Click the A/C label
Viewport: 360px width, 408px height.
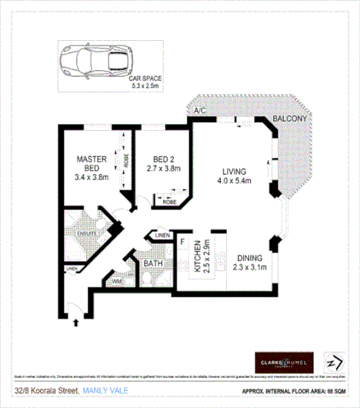(x=202, y=112)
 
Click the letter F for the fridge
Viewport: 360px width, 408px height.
(x=182, y=242)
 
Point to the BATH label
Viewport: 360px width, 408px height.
(x=153, y=263)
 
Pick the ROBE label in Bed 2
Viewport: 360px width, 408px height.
(x=169, y=201)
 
